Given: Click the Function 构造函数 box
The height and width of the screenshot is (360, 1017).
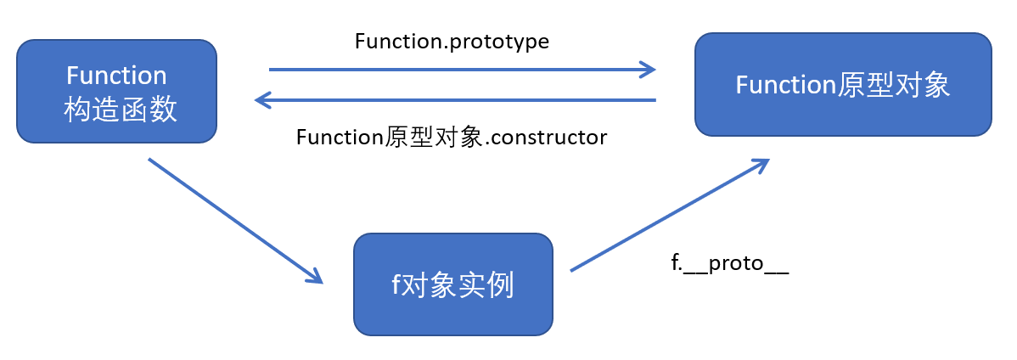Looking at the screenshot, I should pyautogui.click(x=116, y=91).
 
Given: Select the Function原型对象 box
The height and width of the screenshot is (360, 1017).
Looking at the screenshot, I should pyautogui.click(x=842, y=84).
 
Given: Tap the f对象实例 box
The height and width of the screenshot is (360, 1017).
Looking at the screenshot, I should pyautogui.click(x=452, y=284).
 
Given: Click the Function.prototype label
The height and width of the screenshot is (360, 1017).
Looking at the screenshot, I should pyautogui.click(x=452, y=42).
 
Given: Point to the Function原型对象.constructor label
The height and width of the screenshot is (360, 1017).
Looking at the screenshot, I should pyautogui.click(x=452, y=138).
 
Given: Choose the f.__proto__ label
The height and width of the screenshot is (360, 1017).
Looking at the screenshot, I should pyautogui.click(x=730, y=263).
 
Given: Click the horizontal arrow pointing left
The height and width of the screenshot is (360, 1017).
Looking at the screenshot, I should pyautogui.click(x=458, y=100).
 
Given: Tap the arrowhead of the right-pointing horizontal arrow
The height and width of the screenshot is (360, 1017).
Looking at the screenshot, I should pyautogui.click(x=649, y=70).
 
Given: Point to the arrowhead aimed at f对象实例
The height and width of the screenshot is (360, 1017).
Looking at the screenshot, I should pyautogui.click(x=315, y=275).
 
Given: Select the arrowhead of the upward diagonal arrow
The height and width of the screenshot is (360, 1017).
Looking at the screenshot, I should pyautogui.click(x=760, y=164).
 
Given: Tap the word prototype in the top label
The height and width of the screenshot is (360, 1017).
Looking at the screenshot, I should pyautogui.click(x=501, y=42).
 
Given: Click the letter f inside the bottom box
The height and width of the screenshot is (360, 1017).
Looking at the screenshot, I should pyautogui.click(x=396, y=284).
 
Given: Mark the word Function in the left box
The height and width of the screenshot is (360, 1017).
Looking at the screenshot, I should pyautogui.click(x=116, y=75).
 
